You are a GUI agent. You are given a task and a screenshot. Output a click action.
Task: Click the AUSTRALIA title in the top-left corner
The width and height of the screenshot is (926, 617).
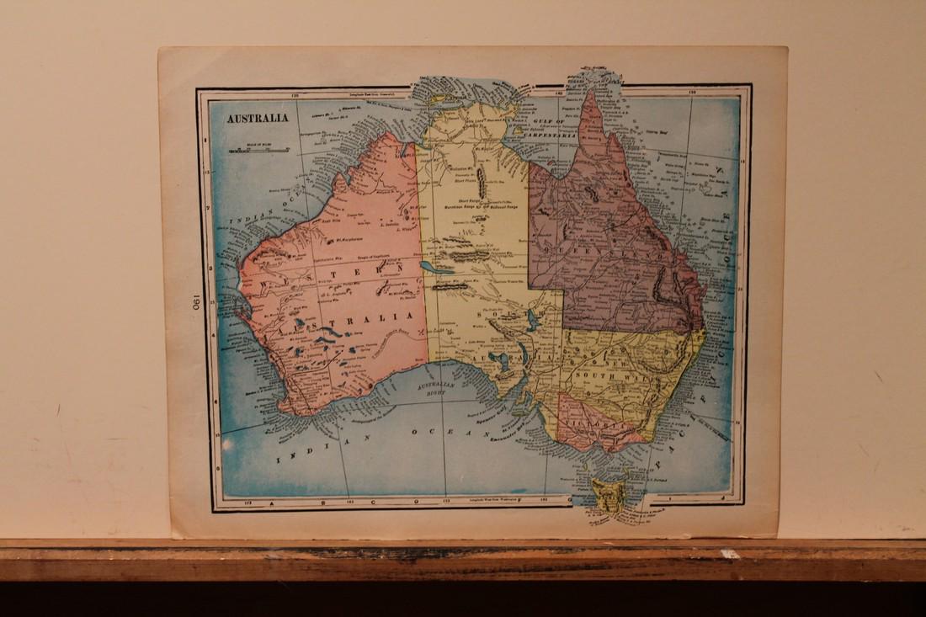click(x=256, y=118)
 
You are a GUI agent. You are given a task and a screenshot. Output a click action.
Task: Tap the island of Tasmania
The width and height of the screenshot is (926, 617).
click(x=607, y=496)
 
